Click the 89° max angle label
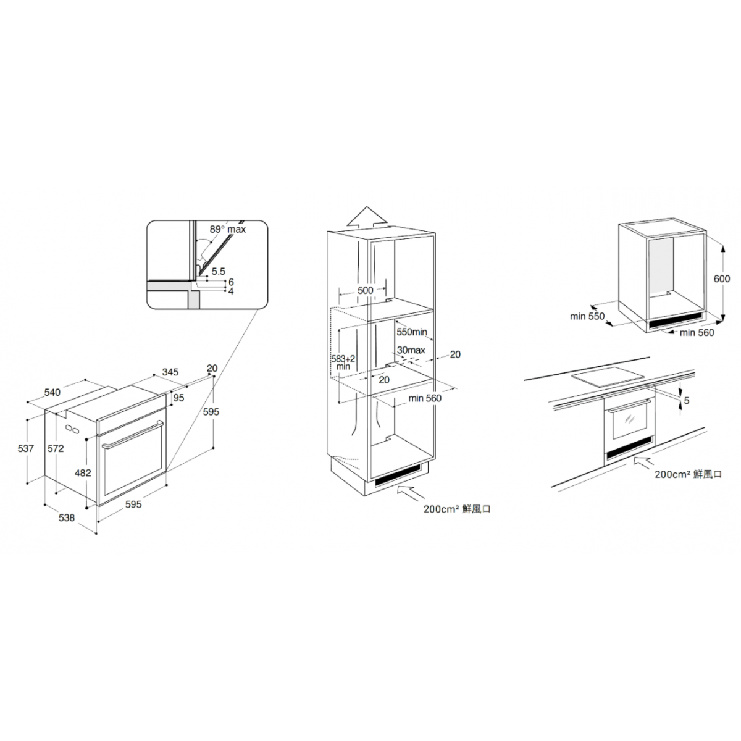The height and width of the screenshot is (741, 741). [228, 229]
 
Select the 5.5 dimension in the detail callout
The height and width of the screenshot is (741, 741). [218, 272]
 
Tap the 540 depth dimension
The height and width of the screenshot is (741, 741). [52, 392]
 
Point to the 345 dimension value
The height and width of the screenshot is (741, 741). [170, 372]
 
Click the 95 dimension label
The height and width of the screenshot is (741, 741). [178, 398]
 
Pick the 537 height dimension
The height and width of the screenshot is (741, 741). [26, 448]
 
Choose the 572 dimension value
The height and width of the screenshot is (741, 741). [56, 448]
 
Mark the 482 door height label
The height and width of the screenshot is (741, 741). [83, 472]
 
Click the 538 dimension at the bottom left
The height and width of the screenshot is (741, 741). [67, 517]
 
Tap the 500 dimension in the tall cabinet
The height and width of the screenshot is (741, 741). [366, 290]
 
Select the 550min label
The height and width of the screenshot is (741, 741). [412, 332]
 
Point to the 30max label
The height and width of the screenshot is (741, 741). [411, 350]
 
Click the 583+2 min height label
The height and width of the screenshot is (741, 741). [343, 362]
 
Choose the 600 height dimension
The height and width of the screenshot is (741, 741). [722, 278]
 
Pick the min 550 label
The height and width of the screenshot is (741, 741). [587, 316]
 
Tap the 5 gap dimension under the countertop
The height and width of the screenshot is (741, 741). [687, 400]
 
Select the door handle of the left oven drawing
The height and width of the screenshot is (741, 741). [132, 434]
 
